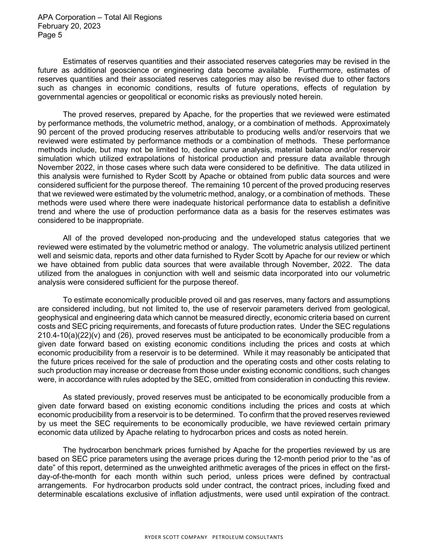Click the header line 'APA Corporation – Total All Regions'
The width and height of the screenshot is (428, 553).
pyautogui.click(x=99, y=17)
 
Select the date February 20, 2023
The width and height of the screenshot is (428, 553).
pyautogui.click(x=69, y=26)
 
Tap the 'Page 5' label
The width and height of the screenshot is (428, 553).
pyautogui.click(x=50, y=35)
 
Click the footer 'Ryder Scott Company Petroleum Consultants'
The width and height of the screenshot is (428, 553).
pyautogui.click(x=214, y=538)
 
